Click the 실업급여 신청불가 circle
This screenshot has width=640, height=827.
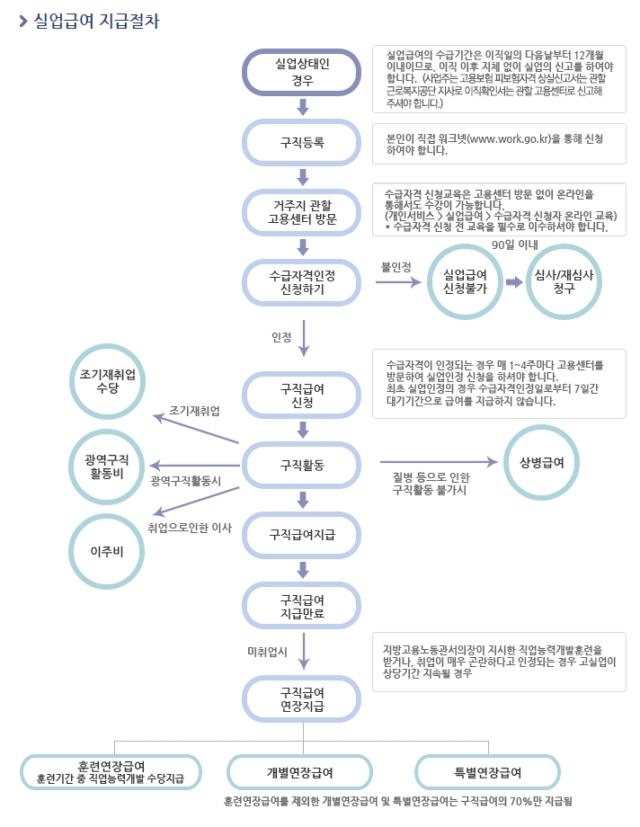(x=466, y=282)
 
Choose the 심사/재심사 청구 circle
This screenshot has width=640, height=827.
(x=564, y=282)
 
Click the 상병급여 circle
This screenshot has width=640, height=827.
(x=541, y=462)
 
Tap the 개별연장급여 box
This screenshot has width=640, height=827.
(x=299, y=772)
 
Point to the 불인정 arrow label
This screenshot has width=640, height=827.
(x=396, y=267)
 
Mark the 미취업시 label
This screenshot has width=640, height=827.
(x=266, y=650)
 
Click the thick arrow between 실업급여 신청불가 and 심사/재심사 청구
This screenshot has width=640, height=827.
(x=514, y=282)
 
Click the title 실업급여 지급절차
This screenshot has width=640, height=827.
(x=95, y=21)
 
